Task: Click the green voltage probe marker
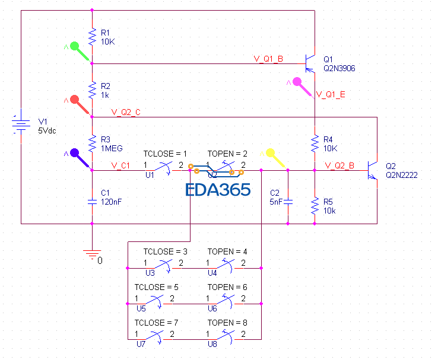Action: coord(76,47)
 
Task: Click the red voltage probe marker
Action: coord(75,100)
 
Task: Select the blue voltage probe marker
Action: coord(76,154)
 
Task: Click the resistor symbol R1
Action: coord(92,37)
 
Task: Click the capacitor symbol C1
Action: coord(92,201)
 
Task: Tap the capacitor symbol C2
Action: coord(288,201)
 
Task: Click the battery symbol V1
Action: coord(21,125)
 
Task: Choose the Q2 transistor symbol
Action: coord(373,170)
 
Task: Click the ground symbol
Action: coord(92,254)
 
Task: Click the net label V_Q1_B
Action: coord(268,59)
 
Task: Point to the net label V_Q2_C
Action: coord(126,112)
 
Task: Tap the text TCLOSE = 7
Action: coord(157,323)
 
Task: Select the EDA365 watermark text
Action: coord(218,190)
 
